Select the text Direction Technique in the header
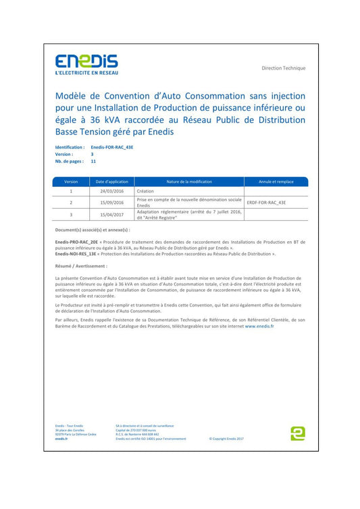284,68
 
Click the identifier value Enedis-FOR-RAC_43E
111,146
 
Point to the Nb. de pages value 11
93,161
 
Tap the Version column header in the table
71,182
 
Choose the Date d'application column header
111,182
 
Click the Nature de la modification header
189,182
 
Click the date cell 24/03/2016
111,191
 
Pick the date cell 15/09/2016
111,202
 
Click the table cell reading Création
146,191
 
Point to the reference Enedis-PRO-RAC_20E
77,241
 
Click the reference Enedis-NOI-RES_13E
77,254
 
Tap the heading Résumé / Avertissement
81,267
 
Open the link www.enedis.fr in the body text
259,325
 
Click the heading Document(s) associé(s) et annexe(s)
92,230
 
